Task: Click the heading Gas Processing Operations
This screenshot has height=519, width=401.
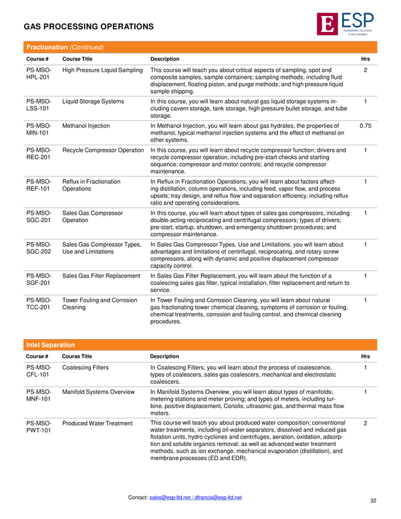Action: click(89, 27)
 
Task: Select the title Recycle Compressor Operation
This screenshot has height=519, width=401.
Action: click(103, 150)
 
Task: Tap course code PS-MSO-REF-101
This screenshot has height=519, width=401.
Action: click(38, 185)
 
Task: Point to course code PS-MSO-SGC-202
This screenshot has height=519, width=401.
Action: click(38, 248)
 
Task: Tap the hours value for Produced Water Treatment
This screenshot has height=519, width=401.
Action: click(366, 423)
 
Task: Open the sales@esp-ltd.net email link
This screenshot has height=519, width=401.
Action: click(172, 498)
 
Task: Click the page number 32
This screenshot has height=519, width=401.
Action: click(373, 500)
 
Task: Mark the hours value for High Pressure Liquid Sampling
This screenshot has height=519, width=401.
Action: click(366, 70)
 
